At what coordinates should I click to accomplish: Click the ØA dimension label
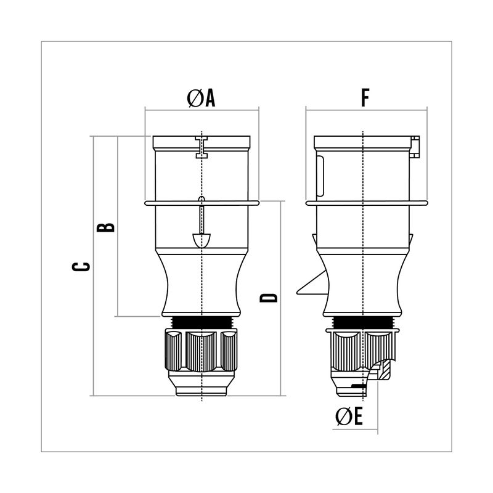click(201, 98)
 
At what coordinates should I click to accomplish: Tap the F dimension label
click(365, 98)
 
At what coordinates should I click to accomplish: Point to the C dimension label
click(81, 266)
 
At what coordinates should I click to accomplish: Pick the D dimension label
click(269, 298)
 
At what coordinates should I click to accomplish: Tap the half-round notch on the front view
click(202, 240)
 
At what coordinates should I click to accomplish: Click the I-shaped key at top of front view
click(202, 147)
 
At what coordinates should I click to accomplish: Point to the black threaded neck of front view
click(202, 322)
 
